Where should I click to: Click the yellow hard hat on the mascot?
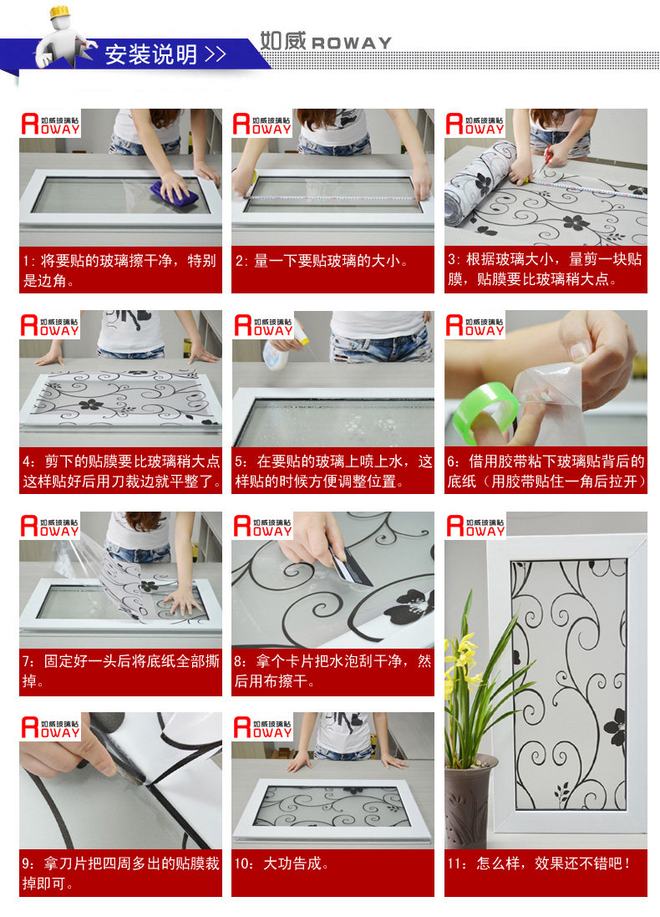(59, 11)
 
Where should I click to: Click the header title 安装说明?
(151, 54)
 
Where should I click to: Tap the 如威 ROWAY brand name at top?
(325, 41)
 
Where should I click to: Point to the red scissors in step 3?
(547, 159)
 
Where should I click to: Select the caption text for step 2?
(322, 261)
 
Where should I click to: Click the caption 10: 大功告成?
(282, 864)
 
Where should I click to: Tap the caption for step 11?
(538, 864)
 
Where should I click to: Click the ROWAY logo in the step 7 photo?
(49, 526)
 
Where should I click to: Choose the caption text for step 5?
(333, 471)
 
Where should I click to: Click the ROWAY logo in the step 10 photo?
(262, 727)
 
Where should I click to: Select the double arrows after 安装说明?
(216, 54)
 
